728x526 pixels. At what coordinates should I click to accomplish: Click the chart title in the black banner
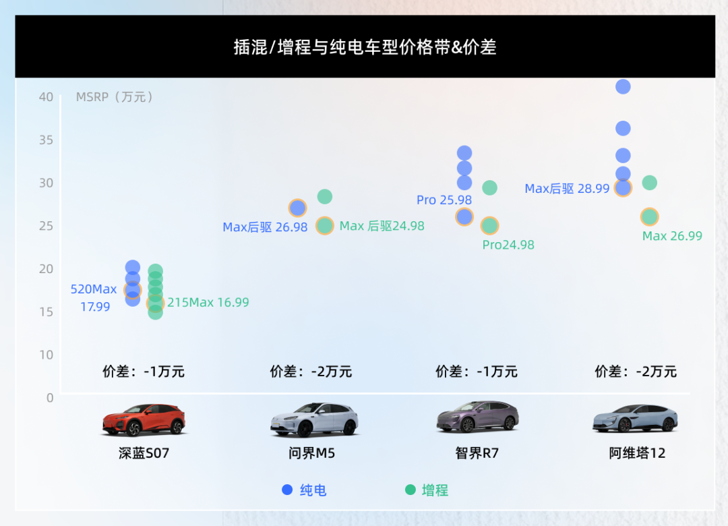point(365,47)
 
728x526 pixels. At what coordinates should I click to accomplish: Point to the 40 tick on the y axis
point(46,96)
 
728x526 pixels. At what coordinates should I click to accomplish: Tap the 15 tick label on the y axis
point(46,312)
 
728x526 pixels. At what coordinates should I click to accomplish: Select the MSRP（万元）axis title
point(115,96)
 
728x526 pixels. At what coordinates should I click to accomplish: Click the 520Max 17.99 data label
point(94,298)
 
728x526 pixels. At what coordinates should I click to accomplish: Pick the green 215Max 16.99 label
point(208,303)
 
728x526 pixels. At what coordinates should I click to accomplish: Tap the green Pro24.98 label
point(508,245)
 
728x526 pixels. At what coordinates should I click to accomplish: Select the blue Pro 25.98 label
point(444,200)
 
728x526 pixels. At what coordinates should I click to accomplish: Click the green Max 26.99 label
point(672,236)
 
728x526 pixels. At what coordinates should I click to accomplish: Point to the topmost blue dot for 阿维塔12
point(623,86)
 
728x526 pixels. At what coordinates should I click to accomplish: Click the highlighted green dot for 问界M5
point(325,225)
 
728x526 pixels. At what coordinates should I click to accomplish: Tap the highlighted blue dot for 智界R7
point(464,216)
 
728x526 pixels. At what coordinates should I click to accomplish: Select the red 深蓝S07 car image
point(144,419)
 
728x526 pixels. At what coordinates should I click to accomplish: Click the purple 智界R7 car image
point(477,417)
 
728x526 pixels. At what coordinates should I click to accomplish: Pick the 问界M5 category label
point(311,453)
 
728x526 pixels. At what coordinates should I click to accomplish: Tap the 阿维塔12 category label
point(637,453)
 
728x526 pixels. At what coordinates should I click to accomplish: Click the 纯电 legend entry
point(304,490)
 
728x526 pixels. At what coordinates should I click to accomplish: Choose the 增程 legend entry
point(427,490)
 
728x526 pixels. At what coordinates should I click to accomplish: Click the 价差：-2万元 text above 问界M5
point(311,372)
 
